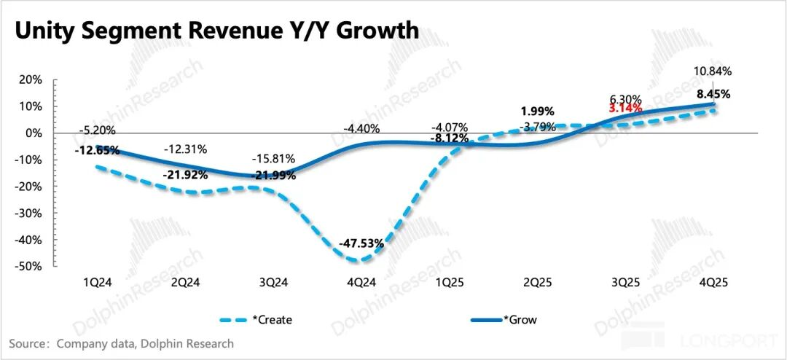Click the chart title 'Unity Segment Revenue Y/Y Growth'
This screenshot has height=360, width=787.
coord(216,31)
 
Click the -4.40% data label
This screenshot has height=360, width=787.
coord(360,130)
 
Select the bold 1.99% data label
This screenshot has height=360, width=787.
coord(538,111)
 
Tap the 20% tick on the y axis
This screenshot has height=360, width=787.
coord(31,79)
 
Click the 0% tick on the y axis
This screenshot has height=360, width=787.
coord(34,133)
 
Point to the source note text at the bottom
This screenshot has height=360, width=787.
coord(121,343)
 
